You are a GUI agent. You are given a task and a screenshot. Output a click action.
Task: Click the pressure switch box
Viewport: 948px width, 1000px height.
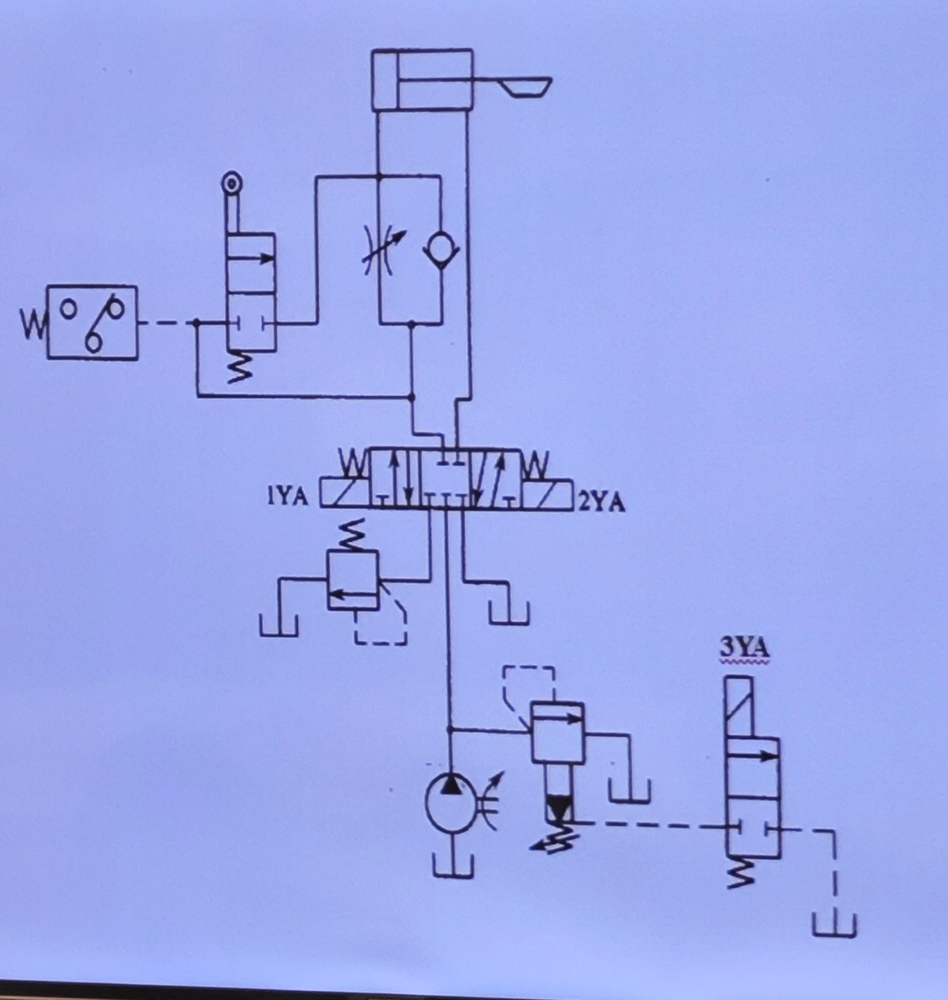[x=92, y=322]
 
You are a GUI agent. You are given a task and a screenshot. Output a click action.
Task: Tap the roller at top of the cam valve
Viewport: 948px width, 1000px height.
[x=232, y=184]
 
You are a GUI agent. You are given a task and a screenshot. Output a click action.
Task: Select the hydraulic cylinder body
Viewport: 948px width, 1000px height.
[x=422, y=79]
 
